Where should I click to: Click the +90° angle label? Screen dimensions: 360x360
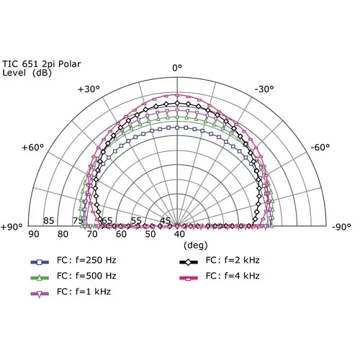(x=12, y=226)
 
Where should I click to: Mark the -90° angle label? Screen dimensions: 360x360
(x=342, y=226)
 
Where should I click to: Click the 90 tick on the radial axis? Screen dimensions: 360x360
(x=33, y=234)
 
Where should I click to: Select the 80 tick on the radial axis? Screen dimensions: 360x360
(x=63, y=234)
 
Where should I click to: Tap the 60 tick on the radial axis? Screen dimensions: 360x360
(x=121, y=234)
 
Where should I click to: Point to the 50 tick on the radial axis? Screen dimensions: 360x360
(x=150, y=234)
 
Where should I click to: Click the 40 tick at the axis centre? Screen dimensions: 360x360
(x=179, y=234)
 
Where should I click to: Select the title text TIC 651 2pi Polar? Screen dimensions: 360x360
(x=41, y=63)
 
